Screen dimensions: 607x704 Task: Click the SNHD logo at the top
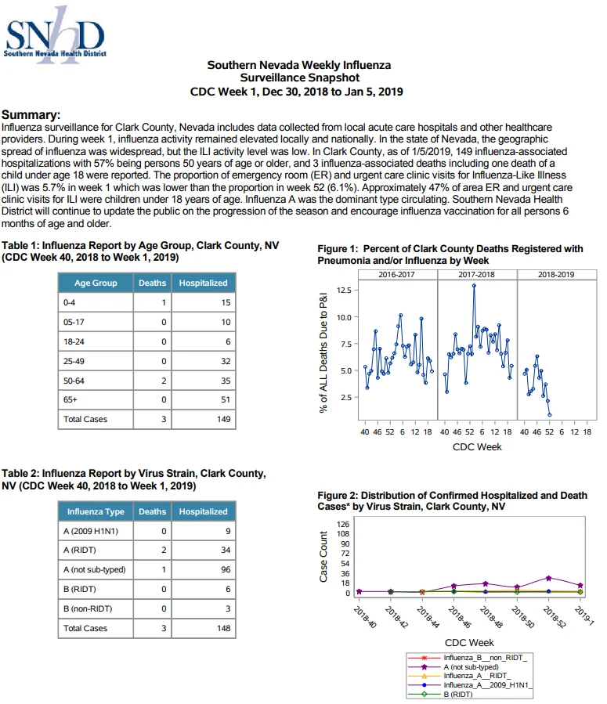(55, 35)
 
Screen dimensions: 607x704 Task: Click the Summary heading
(31, 115)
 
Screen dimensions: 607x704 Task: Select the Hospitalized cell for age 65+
(204, 399)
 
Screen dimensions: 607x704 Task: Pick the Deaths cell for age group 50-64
(152, 381)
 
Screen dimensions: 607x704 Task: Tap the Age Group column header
(96, 283)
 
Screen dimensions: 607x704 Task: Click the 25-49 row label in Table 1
(74, 361)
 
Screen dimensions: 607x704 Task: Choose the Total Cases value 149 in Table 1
(223, 420)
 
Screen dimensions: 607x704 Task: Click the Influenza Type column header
(96, 511)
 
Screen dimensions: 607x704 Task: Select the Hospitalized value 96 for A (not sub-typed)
(226, 570)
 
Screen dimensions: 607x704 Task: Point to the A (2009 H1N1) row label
(91, 531)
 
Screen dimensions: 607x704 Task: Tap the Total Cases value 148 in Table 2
(223, 629)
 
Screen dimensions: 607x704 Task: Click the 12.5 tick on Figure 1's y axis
(344, 290)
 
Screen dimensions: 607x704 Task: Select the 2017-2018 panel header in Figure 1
(476, 274)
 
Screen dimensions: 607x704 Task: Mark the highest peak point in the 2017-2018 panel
(474, 286)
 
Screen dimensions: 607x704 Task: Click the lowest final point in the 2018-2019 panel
(550, 415)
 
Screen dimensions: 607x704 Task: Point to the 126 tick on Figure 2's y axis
(343, 524)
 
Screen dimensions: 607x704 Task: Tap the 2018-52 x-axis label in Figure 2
(554, 617)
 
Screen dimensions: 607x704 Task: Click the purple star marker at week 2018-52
(548, 578)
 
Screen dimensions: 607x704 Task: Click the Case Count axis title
(323, 557)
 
